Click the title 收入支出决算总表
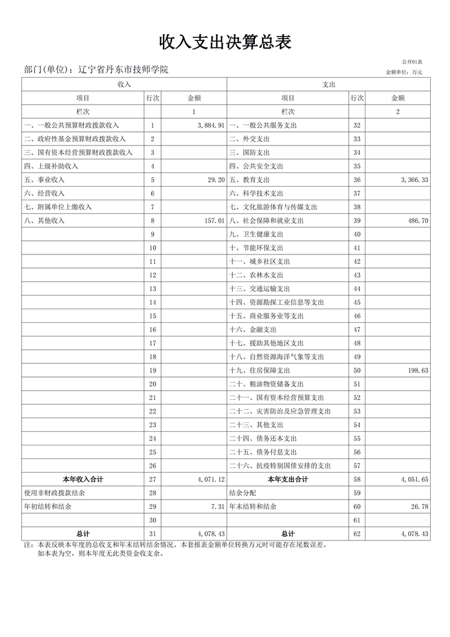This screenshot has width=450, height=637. coord(225,42)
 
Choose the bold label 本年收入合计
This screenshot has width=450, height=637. coord(83,480)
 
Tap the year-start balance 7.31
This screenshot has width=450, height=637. coord(218,507)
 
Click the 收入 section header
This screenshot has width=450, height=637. coord(124,84)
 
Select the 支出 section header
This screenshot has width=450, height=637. coord(329,84)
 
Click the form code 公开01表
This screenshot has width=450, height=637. coord(412,62)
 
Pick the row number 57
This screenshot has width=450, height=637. coord(357,466)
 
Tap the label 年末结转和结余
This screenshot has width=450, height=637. coord(253,507)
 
